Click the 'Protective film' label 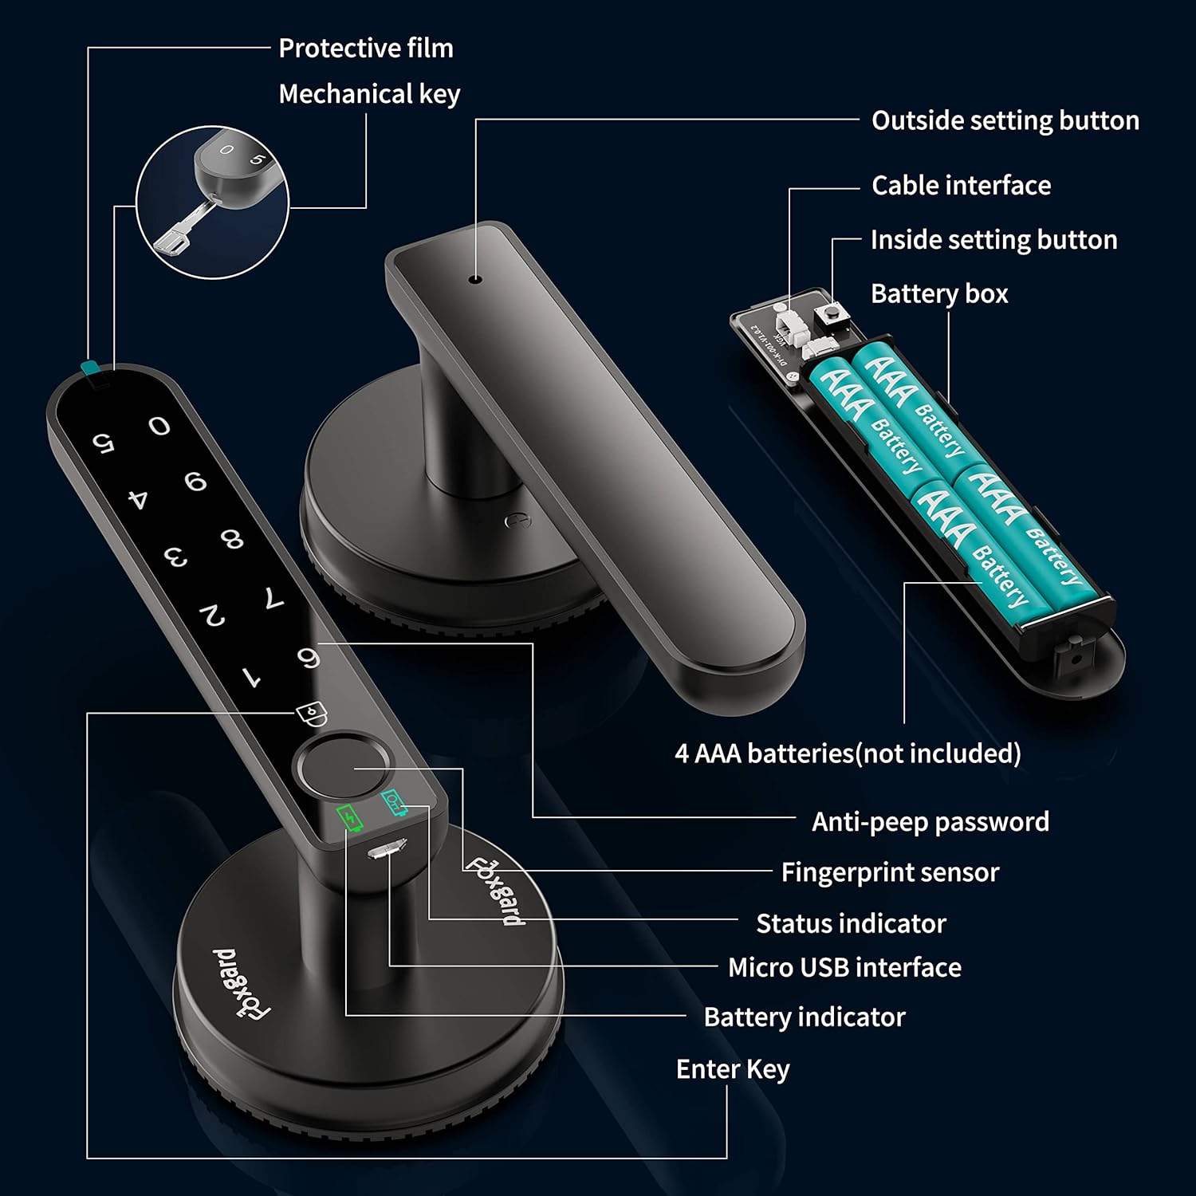click(x=366, y=49)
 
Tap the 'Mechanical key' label click(x=369, y=94)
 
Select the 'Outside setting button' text click(x=1005, y=120)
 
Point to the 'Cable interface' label click(x=961, y=186)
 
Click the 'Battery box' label click(x=938, y=294)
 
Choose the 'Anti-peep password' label click(x=930, y=822)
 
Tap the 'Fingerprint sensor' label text click(x=889, y=872)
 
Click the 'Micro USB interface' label click(x=844, y=968)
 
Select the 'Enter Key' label click(x=732, y=1069)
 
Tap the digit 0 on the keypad click(x=159, y=427)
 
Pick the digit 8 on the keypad click(x=232, y=540)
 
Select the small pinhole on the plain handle click(x=476, y=280)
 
